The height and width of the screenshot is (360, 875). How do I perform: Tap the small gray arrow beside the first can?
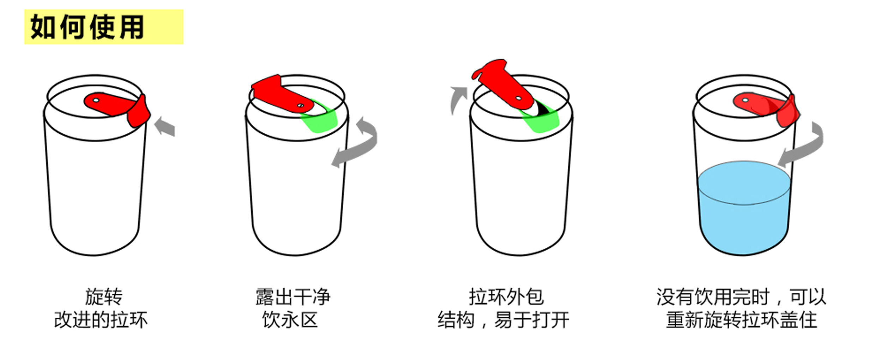[x=165, y=127]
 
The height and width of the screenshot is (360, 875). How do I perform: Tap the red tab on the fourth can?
[x=769, y=106]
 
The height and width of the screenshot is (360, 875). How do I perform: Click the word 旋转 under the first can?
[x=104, y=296]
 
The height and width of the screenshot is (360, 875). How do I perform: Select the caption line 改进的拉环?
[x=101, y=320]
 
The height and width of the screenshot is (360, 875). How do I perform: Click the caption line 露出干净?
[x=293, y=296]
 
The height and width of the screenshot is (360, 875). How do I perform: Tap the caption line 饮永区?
[x=290, y=320]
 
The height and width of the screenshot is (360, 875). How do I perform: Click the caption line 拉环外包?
[x=506, y=296]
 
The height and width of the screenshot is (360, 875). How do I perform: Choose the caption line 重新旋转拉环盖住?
[x=742, y=320]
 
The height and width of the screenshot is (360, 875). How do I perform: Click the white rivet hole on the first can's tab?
[x=96, y=101]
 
